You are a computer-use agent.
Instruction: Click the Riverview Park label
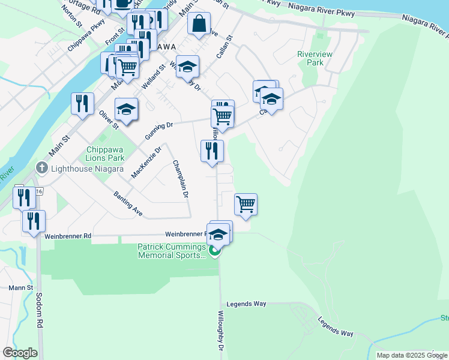coord(310,58)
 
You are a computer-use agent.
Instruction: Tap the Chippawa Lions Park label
coord(105,154)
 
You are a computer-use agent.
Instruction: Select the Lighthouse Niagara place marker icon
coord(41,168)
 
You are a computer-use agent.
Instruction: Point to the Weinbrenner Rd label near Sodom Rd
coord(68,236)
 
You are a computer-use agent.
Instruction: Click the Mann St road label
coord(20,288)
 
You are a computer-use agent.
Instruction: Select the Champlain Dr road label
coord(181,179)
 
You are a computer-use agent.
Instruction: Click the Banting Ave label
coord(128,204)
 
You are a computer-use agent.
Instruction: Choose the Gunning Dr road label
coord(159,131)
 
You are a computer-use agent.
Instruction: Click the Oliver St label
coord(108,118)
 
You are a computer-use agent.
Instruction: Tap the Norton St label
coord(71,18)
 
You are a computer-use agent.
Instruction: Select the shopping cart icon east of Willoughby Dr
coord(246,204)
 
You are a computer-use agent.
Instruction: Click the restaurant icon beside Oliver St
coord(83,103)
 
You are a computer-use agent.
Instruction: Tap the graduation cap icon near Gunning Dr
coord(127,109)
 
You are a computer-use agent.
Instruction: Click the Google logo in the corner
coord(20,353)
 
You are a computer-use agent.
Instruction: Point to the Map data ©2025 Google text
coord(412,355)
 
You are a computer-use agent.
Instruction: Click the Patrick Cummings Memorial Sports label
coord(172,251)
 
